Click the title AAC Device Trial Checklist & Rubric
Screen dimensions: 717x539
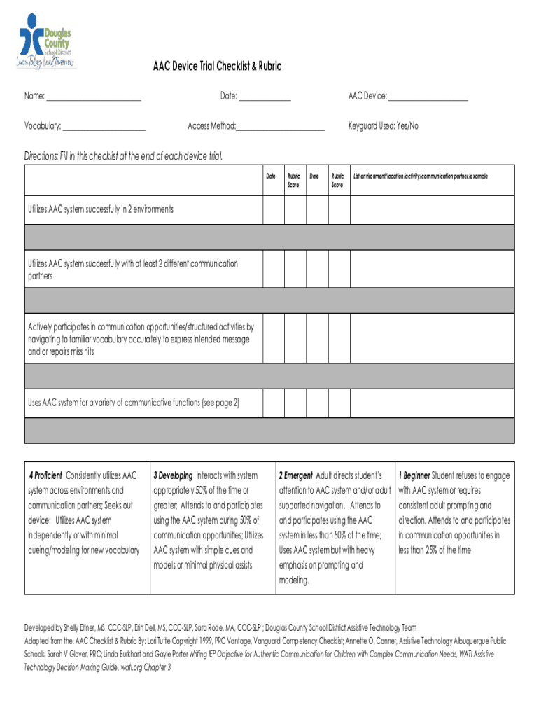point(218,67)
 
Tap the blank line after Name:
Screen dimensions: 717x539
point(94,97)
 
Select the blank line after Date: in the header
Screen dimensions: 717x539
point(265,97)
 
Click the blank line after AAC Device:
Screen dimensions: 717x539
point(428,97)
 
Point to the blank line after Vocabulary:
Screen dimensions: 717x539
point(104,127)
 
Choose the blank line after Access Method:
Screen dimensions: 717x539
point(280,127)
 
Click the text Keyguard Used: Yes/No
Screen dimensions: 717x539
point(383,126)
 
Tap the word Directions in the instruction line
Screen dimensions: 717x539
point(41,155)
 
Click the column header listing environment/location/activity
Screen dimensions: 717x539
point(421,176)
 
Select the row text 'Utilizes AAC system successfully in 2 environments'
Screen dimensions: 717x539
point(101,209)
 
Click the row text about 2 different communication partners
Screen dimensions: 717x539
point(133,270)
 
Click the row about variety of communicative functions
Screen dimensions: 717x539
point(134,403)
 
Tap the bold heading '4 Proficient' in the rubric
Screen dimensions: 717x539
point(46,475)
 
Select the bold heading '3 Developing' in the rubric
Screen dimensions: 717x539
point(173,475)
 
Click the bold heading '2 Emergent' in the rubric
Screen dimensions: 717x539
point(295,475)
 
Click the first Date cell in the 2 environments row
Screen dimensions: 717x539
point(273,209)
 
